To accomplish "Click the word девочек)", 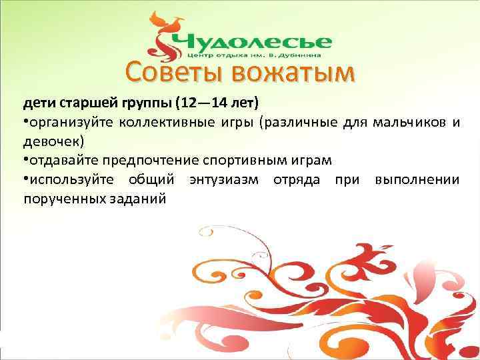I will pyautogui.click(x=53, y=142).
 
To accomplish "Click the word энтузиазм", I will pyautogui.click(x=227, y=180).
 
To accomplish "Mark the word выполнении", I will pyautogui.click(x=417, y=180).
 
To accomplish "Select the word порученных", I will pyautogui.click(x=59, y=199).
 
